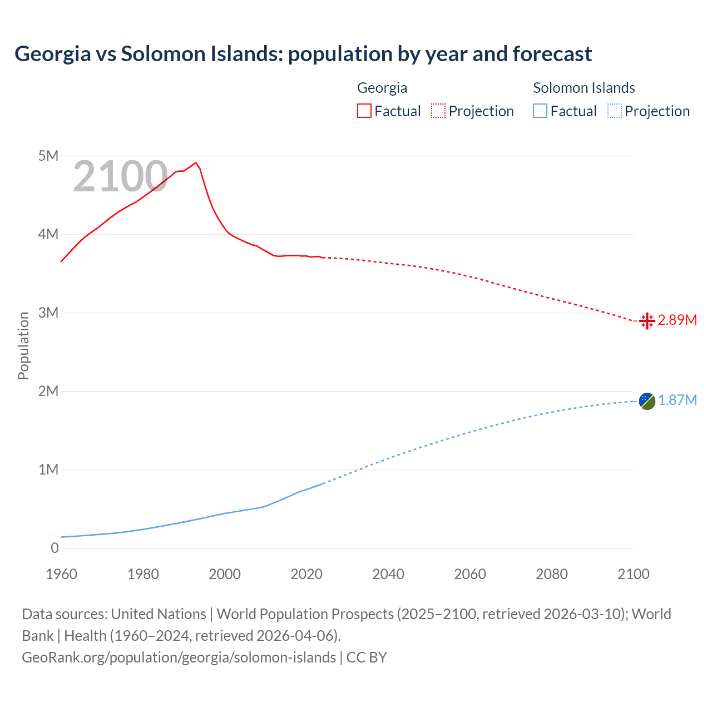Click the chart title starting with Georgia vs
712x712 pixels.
pyautogui.click(x=303, y=54)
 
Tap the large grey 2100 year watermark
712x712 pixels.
pyautogui.click(x=120, y=177)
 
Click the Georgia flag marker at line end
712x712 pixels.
pyautogui.click(x=646, y=321)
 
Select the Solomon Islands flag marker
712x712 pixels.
pyautogui.click(x=647, y=400)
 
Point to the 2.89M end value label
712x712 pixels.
pyautogui.click(x=677, y=320)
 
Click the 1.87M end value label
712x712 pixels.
pyautogui.click(x=677, y=400)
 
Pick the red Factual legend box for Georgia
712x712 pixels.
pyautogui.click(x=364, y=111)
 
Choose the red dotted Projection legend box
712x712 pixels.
pyautogui.click(x=438, y=111)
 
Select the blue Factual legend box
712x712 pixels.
pyautogui.click(x=540, y=111)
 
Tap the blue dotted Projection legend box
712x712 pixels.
pyautogui.click(x=614, y=111)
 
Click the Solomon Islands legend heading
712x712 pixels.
pyautogui.click(x=584, y=88)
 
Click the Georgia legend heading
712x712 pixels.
pyautogui.click(x=382, y=88)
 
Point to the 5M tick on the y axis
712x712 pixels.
pyautogui.click(x=48, y=156)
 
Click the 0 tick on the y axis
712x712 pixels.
pyautogui.click(x=55, y=548)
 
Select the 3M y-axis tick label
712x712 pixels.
pyautogui.click(x=48, y=313)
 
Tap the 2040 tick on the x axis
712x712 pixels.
pyautogui.click(x=388, y=574)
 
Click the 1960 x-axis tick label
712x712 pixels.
pyautogui.click(x=61, y=574)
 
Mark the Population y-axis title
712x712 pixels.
pyautogui.click(x=23, y=345)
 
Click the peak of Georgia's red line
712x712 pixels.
pyautogui.click(x=195, y=162)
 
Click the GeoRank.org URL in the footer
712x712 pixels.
pyautogui.click(x=179, y=657)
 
